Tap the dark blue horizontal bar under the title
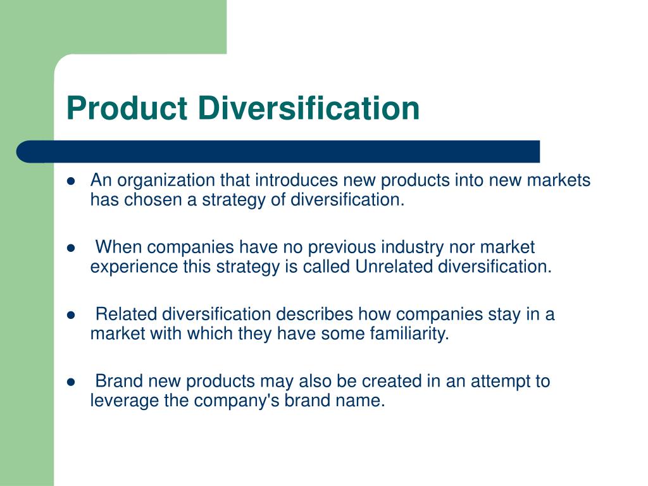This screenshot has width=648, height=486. (278, 152)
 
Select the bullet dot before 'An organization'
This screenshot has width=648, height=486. (71, 180)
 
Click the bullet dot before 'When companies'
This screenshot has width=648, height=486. (71, 247)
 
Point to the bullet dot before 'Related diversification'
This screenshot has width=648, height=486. (71, 315)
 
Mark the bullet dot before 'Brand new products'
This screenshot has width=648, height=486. (71, 382)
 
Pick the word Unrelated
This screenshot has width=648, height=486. (393, 266)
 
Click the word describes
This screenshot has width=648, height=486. (315, 314)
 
